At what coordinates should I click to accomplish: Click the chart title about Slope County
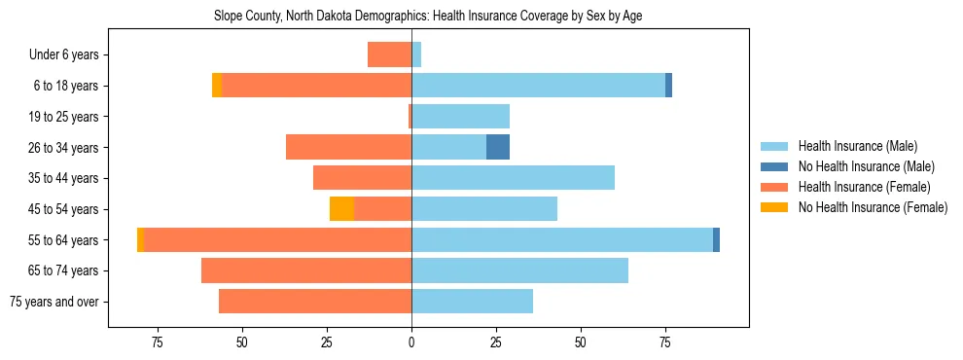coord(427,16)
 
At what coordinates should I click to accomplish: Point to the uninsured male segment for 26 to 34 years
coord(498,147)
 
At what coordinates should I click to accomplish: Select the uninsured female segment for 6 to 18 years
coord(217,86)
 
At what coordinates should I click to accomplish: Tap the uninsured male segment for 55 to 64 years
coord(716,239)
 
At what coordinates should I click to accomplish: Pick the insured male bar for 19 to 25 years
coord(460,117)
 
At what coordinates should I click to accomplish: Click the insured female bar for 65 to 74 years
coord(306,270)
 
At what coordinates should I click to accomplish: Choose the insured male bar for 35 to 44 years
coord(513,178)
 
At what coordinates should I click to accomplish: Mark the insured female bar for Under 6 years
coord(389,55)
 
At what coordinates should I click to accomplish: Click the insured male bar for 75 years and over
coord(472,302)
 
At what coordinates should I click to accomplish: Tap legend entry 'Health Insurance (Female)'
coord(864,187)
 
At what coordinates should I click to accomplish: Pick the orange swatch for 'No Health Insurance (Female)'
coord(774,207)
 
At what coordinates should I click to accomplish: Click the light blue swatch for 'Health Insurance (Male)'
coord(774,146)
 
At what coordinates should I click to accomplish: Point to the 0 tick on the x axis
coord(411,342)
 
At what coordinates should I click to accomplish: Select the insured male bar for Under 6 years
coord(416,55)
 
